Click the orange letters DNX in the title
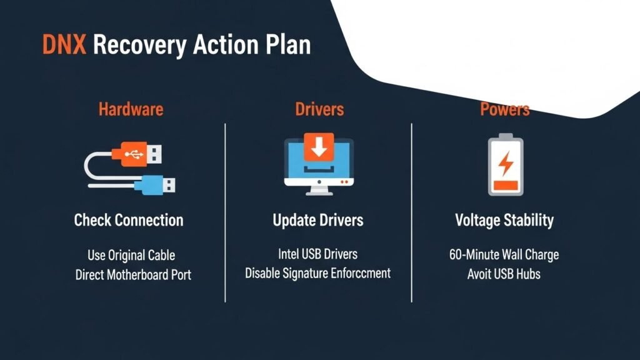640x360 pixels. (64, 44)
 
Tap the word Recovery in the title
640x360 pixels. (139, 46)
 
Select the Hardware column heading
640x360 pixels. (131, 109)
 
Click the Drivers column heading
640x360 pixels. (319, 109)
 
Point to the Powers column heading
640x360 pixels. (504, 109)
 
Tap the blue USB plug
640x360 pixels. (155, 185)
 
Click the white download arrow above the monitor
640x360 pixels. (319, 147)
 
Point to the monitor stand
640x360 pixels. (319, 190)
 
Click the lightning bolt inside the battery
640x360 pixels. (506, 163)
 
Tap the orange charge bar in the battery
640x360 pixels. (506, 185)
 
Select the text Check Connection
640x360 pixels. (129, 221)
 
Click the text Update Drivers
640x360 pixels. (318, 221)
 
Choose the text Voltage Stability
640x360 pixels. (504, 221)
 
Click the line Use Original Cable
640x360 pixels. (131, 256)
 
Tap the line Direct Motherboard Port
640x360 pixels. (133, 275)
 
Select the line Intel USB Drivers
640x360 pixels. (317, 254)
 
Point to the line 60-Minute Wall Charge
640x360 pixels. (504, 255)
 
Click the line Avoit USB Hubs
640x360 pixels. (504, 274)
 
